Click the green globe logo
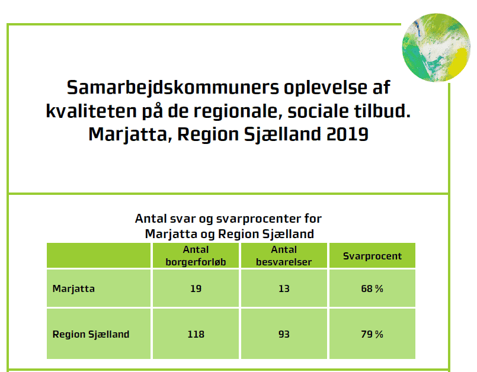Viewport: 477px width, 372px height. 436,47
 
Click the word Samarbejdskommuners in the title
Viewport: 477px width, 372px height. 173,88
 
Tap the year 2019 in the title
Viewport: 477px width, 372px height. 347,134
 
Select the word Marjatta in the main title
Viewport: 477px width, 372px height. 127,134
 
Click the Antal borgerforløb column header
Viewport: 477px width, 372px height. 196,256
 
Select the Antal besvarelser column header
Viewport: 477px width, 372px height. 284,256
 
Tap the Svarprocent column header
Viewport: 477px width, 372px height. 372,256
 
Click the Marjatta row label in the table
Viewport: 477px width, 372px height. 73,288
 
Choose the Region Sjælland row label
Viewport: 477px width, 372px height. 91,334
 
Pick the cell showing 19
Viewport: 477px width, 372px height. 196,288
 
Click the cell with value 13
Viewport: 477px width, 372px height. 284,288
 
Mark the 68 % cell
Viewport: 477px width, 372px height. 372,288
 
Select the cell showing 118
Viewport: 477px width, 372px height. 196,334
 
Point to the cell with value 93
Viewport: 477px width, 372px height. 284,334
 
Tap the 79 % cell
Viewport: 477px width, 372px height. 372,334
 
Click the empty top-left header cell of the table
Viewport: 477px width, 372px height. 98,255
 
